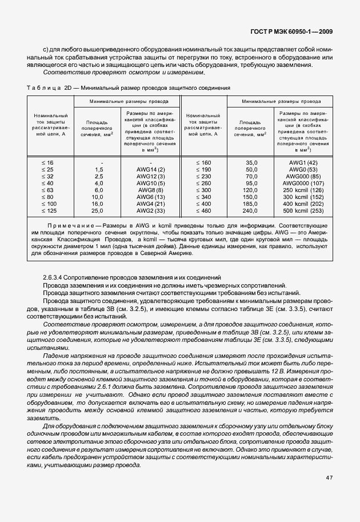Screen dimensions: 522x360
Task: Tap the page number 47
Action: pyautogui.click(x=329, y=477)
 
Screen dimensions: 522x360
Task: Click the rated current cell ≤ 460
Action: pyautogui.click(x=203, y=211)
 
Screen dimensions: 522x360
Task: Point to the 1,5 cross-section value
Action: pyautogui.click(x=99, y=170)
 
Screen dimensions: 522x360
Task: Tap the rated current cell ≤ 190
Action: pyautogui.click(x=203, y=170)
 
